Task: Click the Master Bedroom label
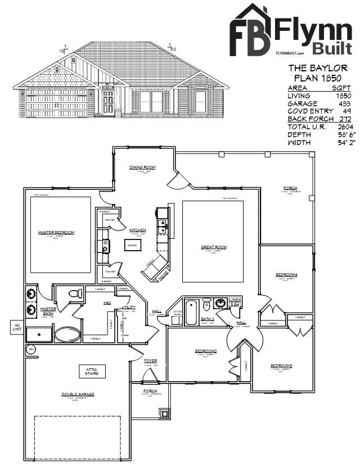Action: pos(56,232)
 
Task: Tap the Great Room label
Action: pos(214,247)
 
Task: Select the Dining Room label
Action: pos(142,168)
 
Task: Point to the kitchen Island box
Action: pos(133,245)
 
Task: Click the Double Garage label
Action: pos(78,394)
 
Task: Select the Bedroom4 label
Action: pos(286,274)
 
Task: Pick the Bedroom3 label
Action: pos(281,366)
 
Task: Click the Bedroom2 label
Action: pos(206,351)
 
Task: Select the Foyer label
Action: pos(151,360)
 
